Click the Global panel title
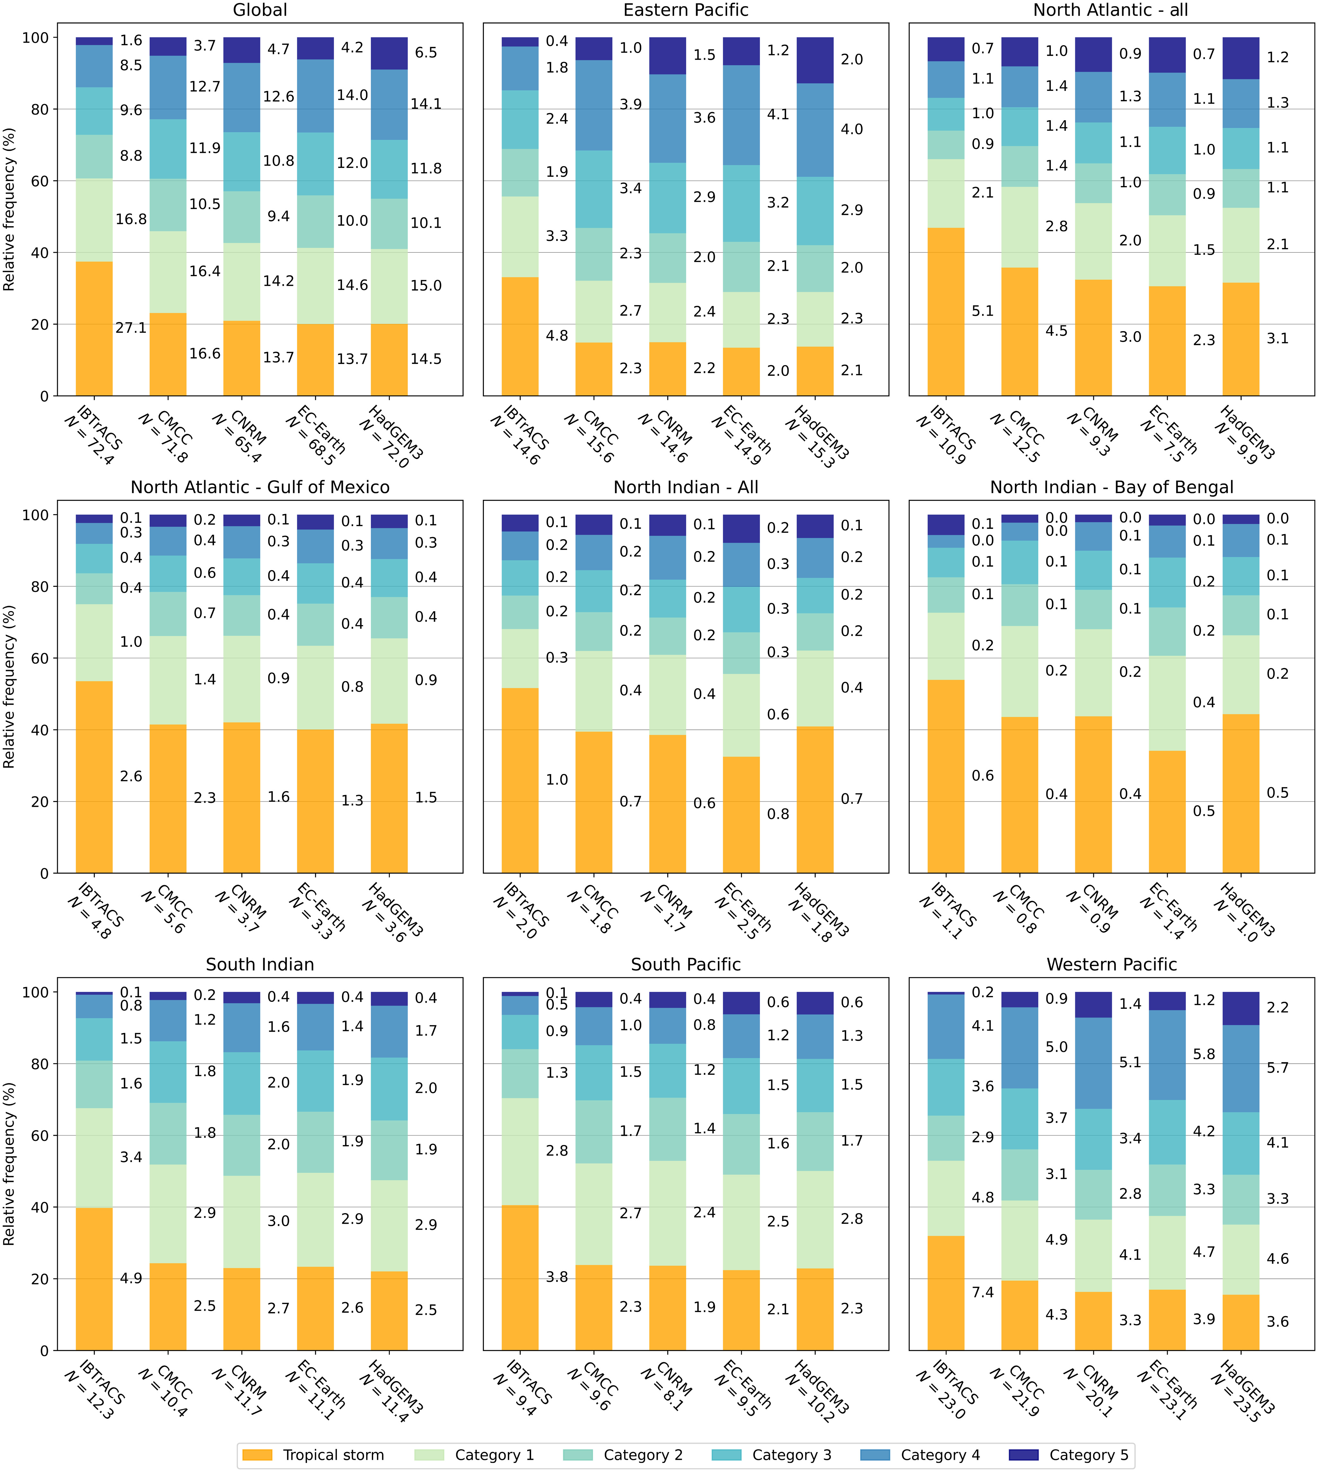point(260,10)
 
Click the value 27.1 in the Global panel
point(131,328)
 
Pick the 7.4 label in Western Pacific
point(983,1292)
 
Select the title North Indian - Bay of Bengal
point(1112,488)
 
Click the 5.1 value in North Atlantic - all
point(983,312)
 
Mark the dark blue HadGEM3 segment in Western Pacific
point(1241,1009)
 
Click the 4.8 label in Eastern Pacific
point(557,335)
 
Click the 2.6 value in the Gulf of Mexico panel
point(131,777)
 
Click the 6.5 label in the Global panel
point(426,53)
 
